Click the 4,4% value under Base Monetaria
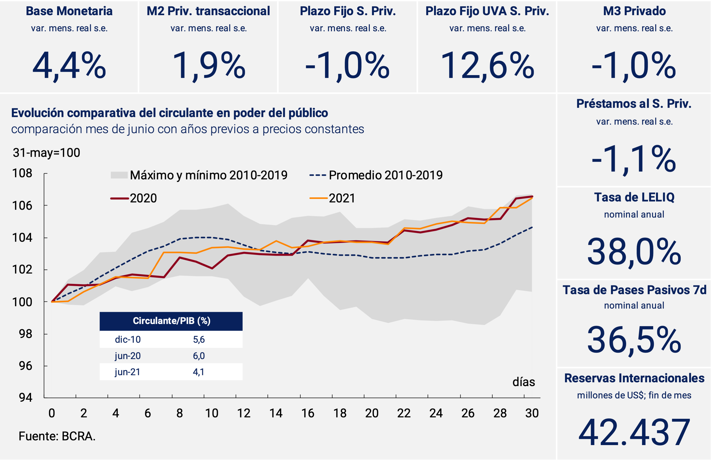pos(69,66)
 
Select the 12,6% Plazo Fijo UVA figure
pos(487,66)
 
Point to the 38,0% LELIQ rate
pos(634,252)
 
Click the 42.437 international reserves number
pos(634,432)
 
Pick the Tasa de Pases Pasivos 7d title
pos(634,290)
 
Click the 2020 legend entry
pos(134,198)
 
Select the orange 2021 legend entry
pos(332,198)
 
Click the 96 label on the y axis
pos(25,366)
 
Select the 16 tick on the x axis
pos(308,413)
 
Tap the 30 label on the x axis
pos(532,413)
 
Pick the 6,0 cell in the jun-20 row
pos(199,356)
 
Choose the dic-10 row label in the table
pos(128,339)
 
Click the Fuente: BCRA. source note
pos(57,436)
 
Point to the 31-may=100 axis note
pos(46,153)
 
